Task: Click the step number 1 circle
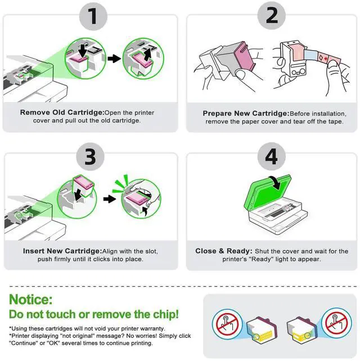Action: coord(93,16)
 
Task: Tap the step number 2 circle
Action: coord(272,16)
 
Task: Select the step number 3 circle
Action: coord(91,157)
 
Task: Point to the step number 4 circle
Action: coord(272,157)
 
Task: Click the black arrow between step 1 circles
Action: coord(114,59)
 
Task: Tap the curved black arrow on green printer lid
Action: coord(276,182)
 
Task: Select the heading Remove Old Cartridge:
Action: coord(62,113)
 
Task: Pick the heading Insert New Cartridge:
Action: coord(62,251)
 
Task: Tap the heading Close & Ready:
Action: coord(224,251)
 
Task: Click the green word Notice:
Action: coord(31,299)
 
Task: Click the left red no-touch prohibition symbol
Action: coord(227,324)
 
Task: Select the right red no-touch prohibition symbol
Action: coord(336,323)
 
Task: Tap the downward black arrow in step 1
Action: coord(82,50)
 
